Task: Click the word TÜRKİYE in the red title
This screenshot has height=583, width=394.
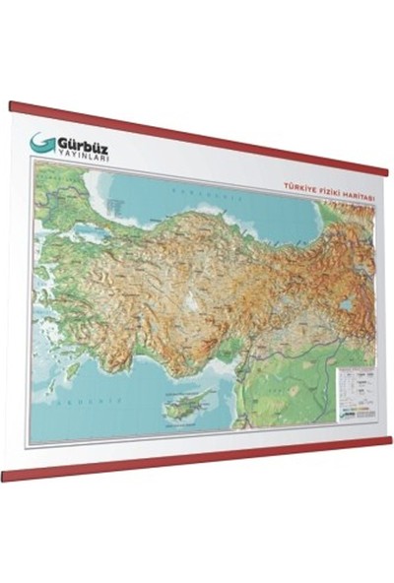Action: [x=298, y=184]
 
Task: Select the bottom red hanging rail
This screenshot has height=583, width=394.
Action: [x=197, y=458]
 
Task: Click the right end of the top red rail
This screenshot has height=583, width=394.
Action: [x=387, y=170]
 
